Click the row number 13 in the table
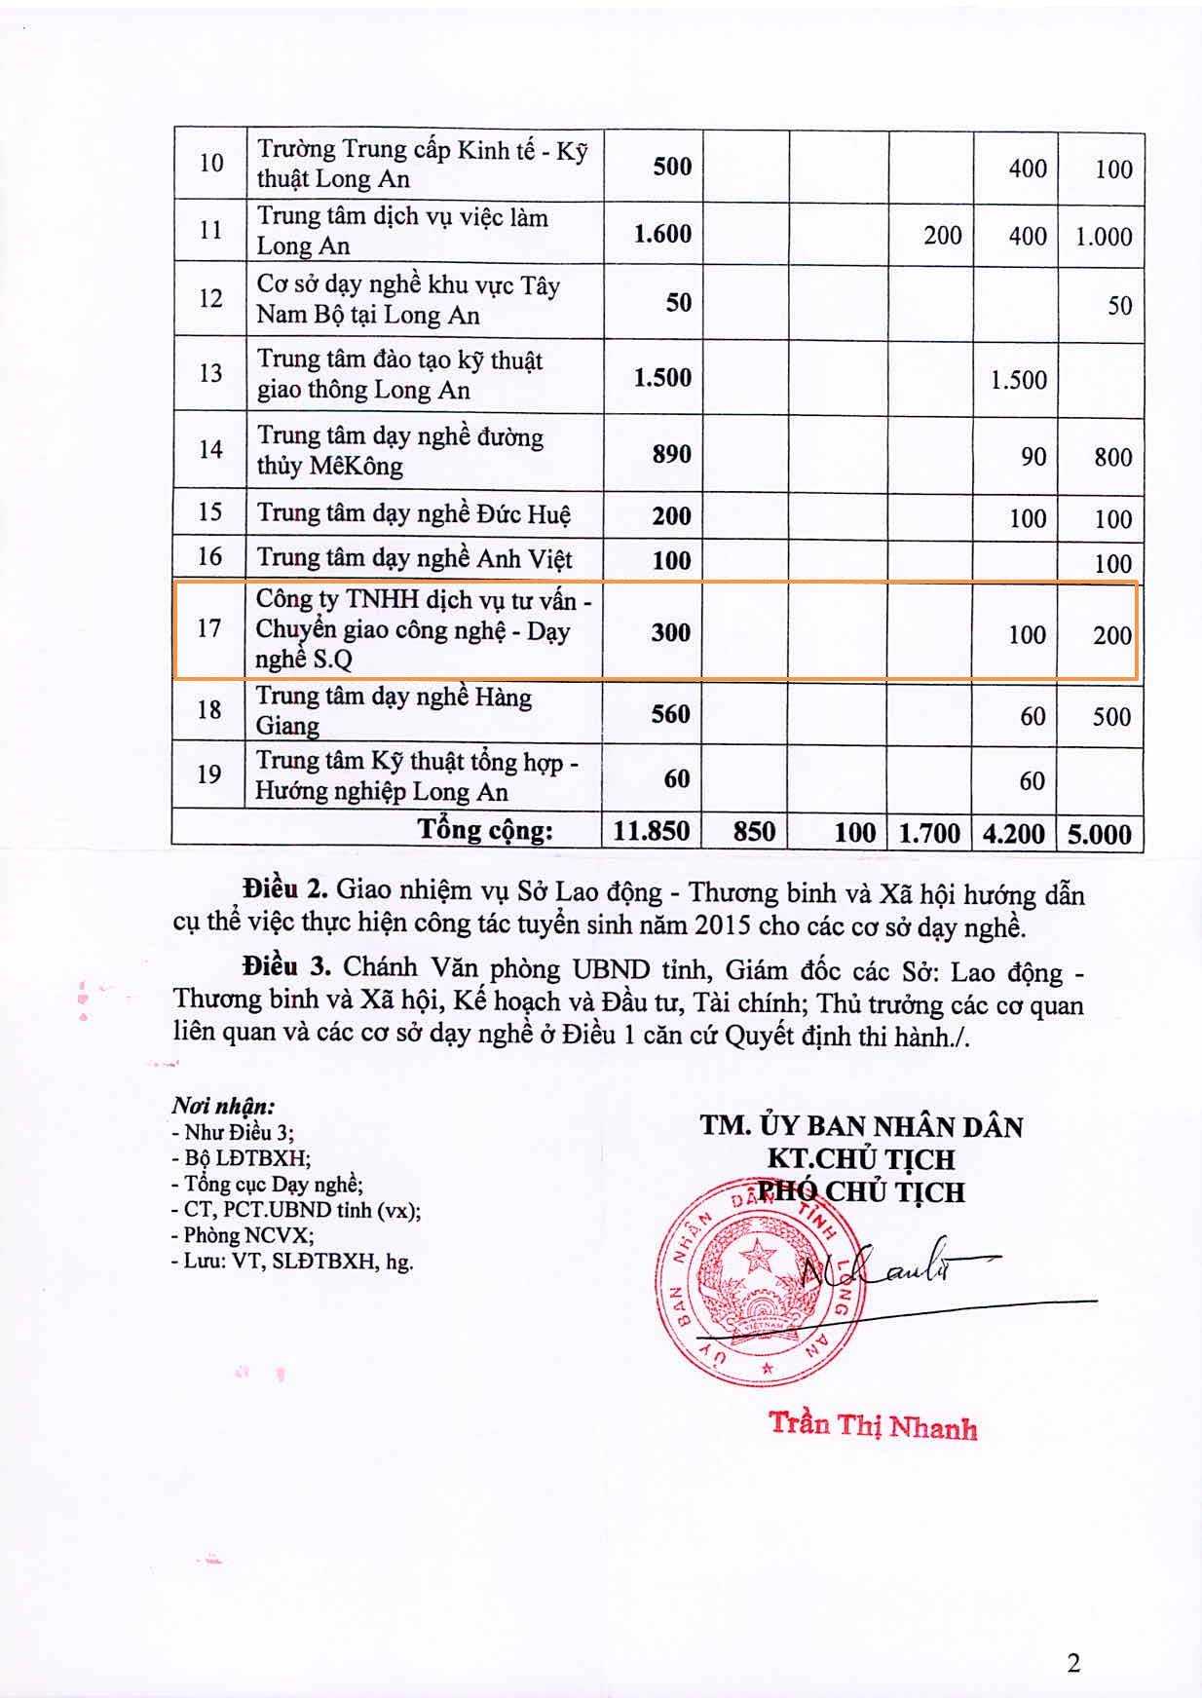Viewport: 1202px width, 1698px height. pyautogui.click(x=210, y=373)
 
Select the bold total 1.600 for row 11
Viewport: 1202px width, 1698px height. pyautogui.click(x=662, y=234)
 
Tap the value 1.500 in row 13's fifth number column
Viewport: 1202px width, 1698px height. pyautogui.click(x=1018, y=379)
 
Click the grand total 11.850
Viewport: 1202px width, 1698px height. pyautogui.click(x=651, y=831)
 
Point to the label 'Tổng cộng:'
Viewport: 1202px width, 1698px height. pyautogui.click(x=485, y=830)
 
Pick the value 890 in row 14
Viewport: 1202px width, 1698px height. pyautogui.click(x=671, y=454)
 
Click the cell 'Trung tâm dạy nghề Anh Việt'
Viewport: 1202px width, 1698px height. pyautogui.click(x=414, y=559)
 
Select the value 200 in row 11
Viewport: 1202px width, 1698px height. pyautogui.click(x=942, y=236)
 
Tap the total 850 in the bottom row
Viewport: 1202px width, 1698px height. pyautogui.click(x=754, y=832)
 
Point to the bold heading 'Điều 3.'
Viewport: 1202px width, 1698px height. pyautogui.click(x=288, y=966)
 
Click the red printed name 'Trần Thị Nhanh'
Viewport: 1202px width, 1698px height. pyautogui.click(x=873, y=1425)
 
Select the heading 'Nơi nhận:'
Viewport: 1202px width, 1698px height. pyautogui.click(x=223, y=1106)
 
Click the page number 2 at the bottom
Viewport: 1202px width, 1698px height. pyautogui.click(x=1073, y=1663)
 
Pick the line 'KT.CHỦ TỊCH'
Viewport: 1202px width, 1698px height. pyautogui.click(x=861, y=1159)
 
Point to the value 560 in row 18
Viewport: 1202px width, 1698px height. pyautogui.click(x=671, y=714)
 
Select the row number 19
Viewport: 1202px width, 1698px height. pyautogui.click(x=209, y=774)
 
